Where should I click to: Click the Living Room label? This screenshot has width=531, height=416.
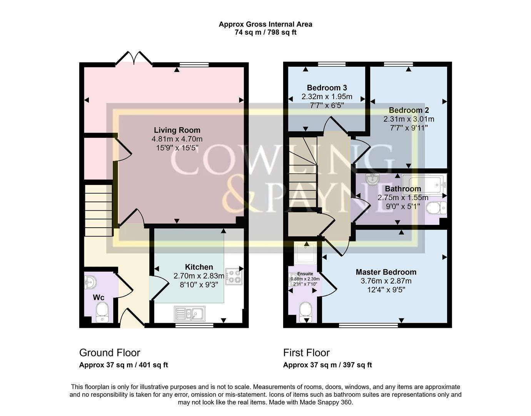pos(177,130)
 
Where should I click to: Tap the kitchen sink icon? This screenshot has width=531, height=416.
pos(190,314)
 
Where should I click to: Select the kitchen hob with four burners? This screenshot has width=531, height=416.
pos(234,276)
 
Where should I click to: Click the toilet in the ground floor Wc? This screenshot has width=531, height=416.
pos(102,311)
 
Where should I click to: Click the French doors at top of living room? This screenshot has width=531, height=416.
pos(134,59)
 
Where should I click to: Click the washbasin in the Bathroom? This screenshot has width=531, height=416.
pos(372,179)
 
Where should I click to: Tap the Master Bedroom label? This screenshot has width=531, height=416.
pos(386,272)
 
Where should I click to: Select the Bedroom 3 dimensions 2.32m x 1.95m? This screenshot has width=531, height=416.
pos(327,97)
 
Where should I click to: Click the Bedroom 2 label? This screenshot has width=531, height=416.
pos(409,110)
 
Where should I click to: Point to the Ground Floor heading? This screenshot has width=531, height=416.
pos(110,352)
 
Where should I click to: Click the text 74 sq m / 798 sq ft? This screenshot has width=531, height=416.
pos(265,32)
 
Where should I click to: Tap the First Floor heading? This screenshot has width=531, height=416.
pos(306,352)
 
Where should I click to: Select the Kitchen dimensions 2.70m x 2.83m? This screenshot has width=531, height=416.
pos(199,276)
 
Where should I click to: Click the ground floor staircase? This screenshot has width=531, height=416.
pos(98,210)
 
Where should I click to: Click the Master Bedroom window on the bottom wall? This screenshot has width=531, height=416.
pos(368,325)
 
